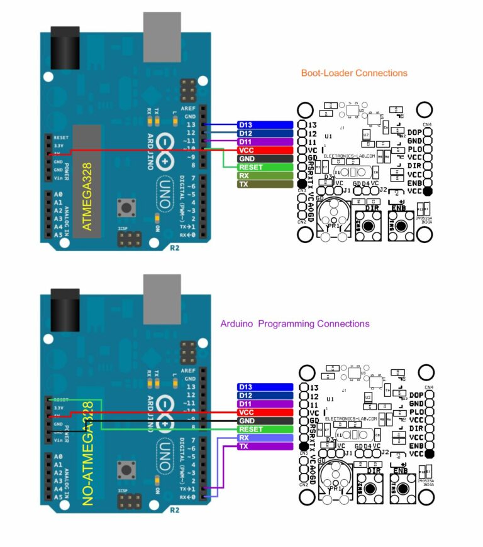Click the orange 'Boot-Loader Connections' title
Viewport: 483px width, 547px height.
(x=354, y=73)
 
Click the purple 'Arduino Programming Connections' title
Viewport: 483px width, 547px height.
(x=294, y=323)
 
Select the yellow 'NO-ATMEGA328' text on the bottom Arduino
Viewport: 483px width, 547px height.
(x=87, y=453)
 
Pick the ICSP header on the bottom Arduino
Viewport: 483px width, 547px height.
(x=128, y=501)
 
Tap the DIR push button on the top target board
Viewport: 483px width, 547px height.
(x=369, y=224)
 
